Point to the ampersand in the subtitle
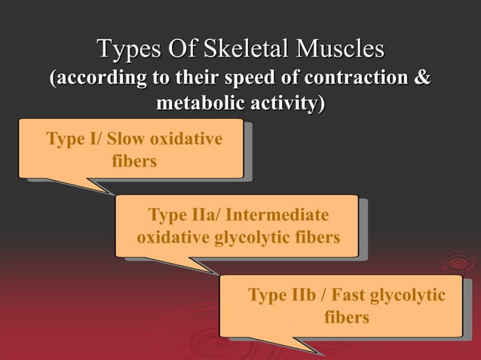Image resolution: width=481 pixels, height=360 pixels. (x=423, y=78)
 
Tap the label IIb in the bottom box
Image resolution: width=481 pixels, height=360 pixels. (x=303, y=295)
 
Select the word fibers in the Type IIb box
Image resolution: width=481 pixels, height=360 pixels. (x=346, y=317)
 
